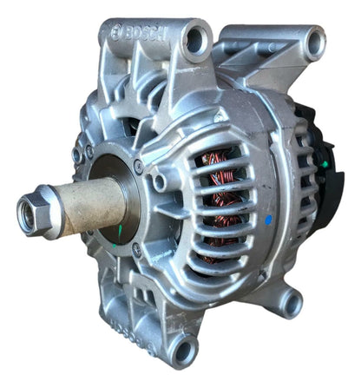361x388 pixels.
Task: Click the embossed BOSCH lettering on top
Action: (x=146, y=34)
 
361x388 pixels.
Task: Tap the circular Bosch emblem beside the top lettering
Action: (x=116, y=32)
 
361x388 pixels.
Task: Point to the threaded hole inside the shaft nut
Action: (x=26, y=212)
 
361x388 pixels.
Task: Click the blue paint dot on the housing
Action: (x=269, y=220)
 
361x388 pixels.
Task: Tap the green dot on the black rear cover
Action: (x=325, y=164)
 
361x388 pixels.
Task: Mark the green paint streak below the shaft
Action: (x=120, y=232)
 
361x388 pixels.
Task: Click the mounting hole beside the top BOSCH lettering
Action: (x=195, y=41)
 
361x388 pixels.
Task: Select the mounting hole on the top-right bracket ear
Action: (x=315, y=43)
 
